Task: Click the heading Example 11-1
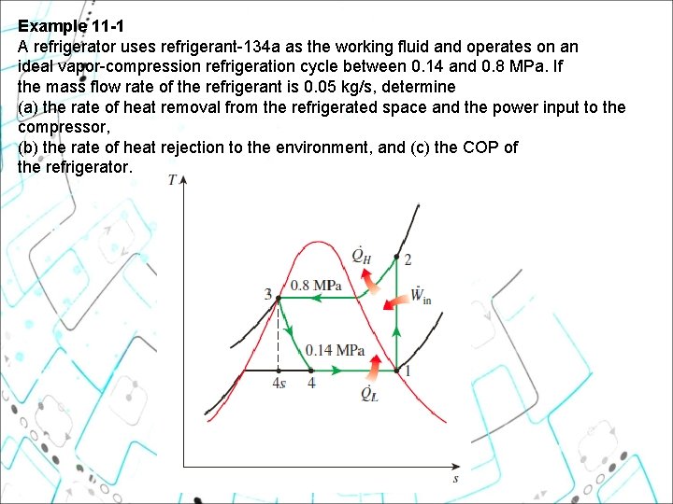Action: tap(71, 26)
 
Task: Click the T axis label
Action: tap(173, 180)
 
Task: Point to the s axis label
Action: tap(456, 479)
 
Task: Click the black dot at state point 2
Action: tap(396, 258)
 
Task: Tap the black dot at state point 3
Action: tap(279, 298)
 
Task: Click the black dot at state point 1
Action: tap(396, 371)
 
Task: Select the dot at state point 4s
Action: tap(279, 371)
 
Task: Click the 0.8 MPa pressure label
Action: tap(316, 286)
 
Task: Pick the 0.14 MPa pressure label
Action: tap(335, 351)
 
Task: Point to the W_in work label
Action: tap(421, 295)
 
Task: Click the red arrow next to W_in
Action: tap(396, 301)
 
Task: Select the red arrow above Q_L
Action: tap(373, 368)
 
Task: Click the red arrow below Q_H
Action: tap(370, 282)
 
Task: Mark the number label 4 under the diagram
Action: tap(311, 384)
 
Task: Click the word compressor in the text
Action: tap(64, 127)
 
